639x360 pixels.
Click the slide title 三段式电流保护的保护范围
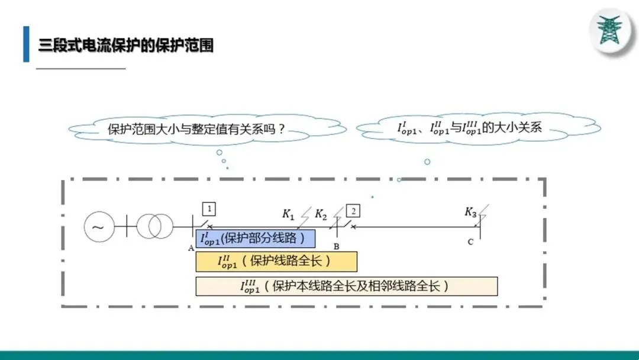click(x=125, y=45)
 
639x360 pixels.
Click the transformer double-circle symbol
click(x=155, y=226)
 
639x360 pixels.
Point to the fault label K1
click(x=288, y=214)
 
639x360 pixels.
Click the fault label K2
click(x=321, y=214)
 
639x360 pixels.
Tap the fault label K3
click(x=470, y=212)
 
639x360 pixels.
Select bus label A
click(x=191, y=248)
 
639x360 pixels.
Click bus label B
click(x=337, y=246)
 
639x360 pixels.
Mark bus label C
click(x=470, y=242)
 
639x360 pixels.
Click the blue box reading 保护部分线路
click(x=255, y=239)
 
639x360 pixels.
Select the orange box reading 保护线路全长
click(x=276, y=261)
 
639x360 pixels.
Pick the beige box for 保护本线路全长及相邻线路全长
click(x=346, y=286)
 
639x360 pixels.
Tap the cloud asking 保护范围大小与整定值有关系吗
click(x=195, y=129)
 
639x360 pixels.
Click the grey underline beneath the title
click(x=81, y=69)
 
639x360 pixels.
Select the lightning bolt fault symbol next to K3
click(x=483, y=214)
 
